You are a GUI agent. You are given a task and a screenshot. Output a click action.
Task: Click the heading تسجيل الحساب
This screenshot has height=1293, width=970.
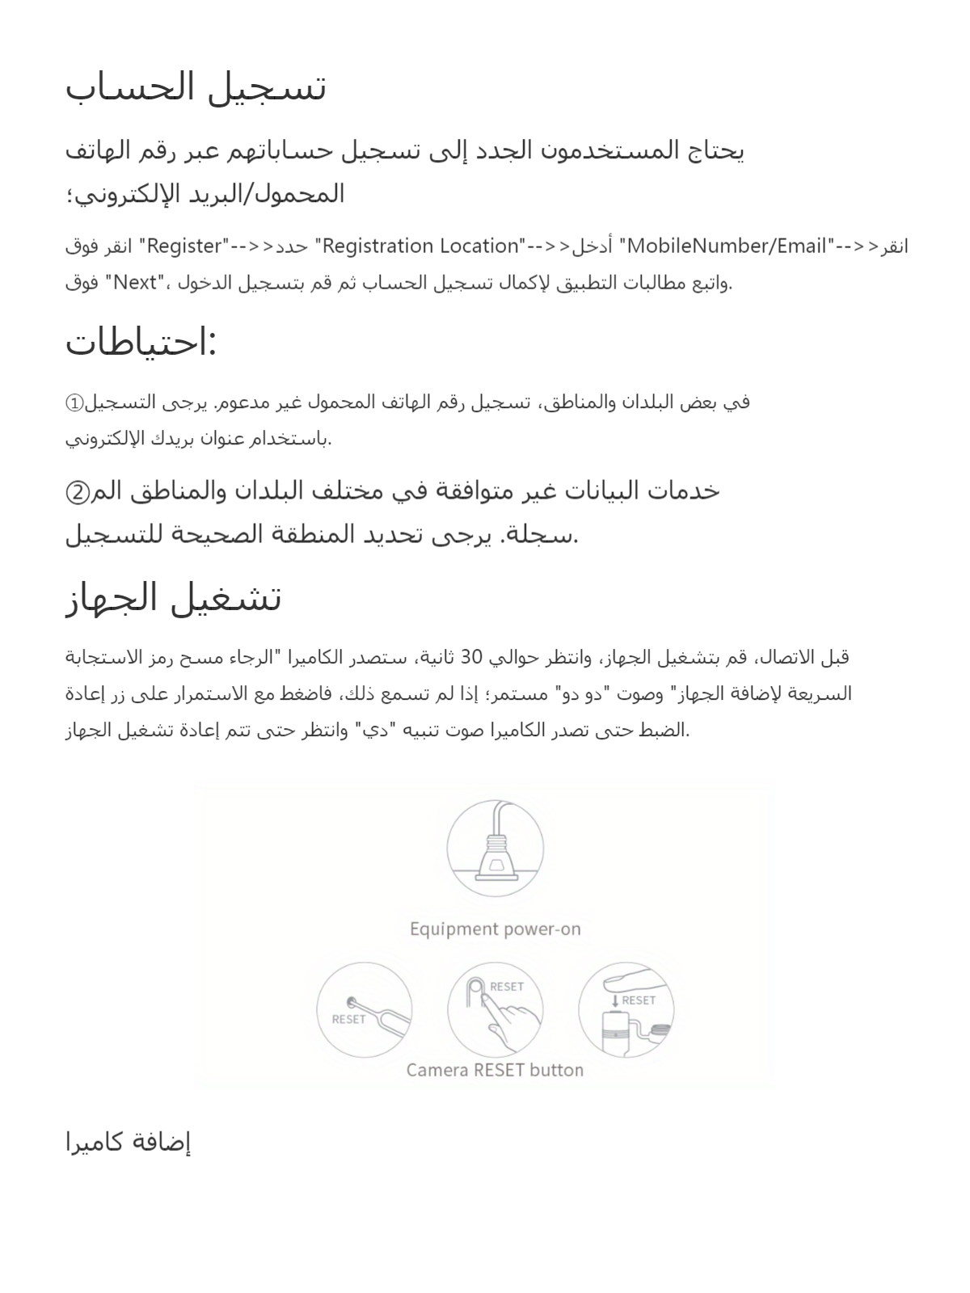[196, 87]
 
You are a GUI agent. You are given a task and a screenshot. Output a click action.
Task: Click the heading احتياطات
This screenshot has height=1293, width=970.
[141, 342]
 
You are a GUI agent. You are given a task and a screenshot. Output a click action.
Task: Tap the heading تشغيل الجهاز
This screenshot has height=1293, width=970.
[173, 598]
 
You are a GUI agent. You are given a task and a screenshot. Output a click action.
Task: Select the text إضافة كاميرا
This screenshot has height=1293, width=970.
[128, 1142]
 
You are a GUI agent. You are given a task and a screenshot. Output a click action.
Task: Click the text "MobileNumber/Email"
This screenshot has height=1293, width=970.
[726, 246]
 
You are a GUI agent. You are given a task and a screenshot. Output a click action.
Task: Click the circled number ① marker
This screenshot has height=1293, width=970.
[74, 402]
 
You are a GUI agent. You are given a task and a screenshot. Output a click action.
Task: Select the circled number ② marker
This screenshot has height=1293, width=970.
[78, 491]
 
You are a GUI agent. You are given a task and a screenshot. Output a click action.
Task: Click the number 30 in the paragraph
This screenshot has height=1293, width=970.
[471, 657]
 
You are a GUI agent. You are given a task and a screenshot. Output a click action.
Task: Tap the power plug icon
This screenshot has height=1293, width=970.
[495, 849]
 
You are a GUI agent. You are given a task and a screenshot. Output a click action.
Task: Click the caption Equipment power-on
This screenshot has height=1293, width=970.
[495, 929]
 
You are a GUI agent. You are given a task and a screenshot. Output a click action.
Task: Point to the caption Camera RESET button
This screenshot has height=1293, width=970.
[495, 1070]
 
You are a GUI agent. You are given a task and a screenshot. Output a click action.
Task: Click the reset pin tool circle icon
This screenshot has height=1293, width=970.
[365, 1010]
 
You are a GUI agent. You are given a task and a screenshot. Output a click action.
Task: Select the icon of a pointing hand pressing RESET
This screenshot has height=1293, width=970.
[495, 1010]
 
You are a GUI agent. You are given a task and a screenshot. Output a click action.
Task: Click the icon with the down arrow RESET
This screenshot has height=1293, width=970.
[626, 1010]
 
